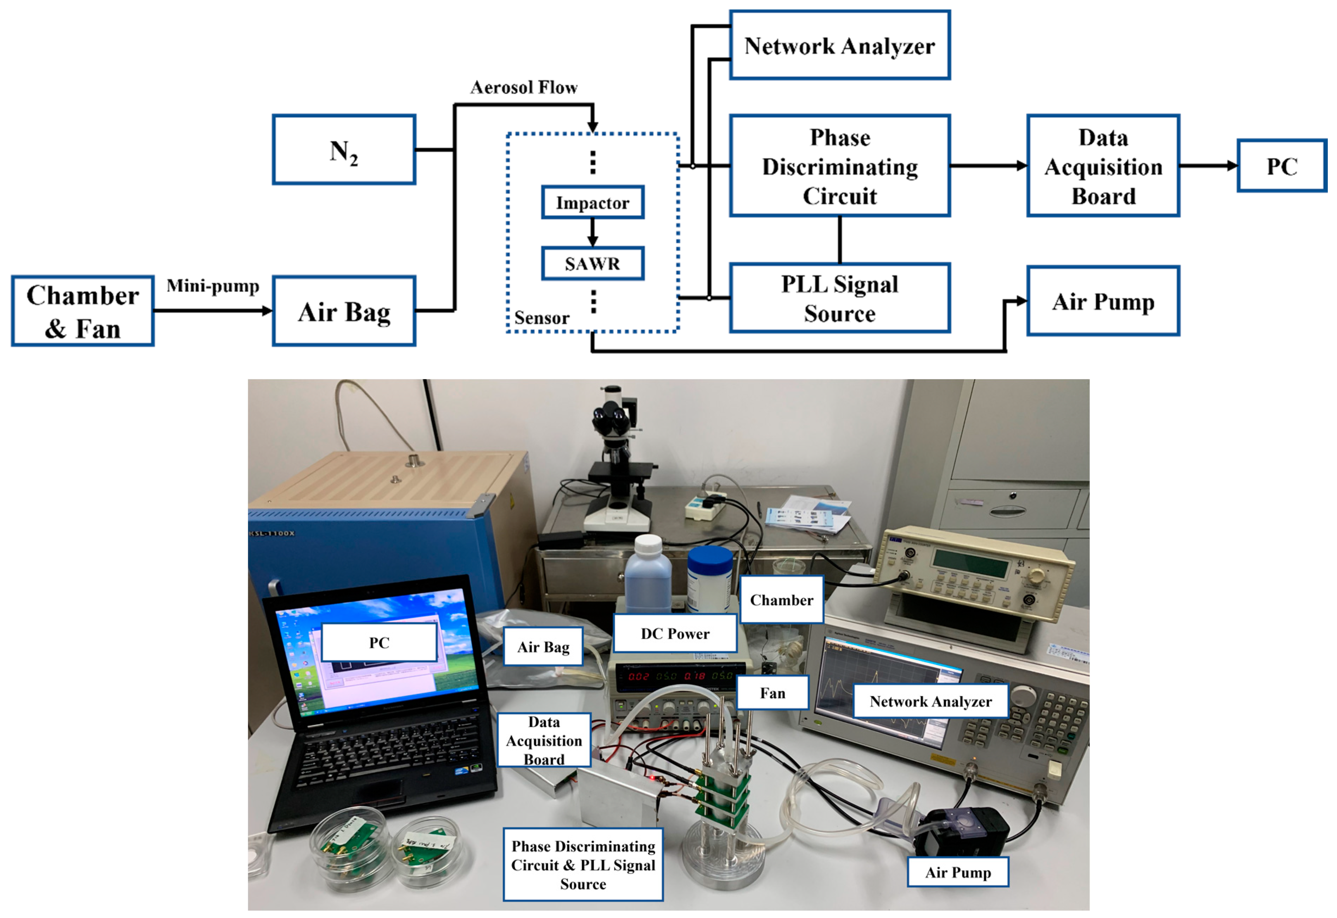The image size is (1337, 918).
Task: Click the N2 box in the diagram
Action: (x=344, y=150)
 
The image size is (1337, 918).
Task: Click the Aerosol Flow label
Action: (x=524, y=87)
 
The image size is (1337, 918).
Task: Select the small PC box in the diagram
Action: (x=1282, y=166)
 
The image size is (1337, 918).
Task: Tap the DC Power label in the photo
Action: (x=674, y=633)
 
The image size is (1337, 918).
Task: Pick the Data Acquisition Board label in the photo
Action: (x=544, y=740)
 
